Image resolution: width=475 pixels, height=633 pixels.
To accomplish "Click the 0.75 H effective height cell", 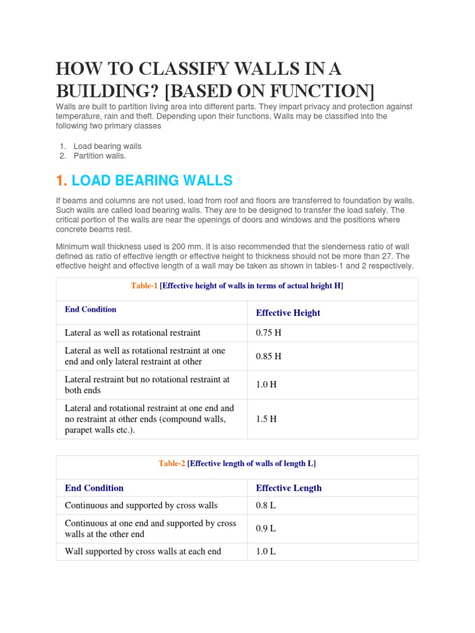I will [x=268, y=333].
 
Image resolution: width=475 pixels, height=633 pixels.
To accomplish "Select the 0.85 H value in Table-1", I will [x=268, y=356].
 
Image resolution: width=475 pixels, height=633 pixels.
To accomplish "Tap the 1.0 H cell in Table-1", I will [x=266, y=384].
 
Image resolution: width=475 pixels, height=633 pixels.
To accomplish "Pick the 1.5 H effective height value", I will [x=266, y=418].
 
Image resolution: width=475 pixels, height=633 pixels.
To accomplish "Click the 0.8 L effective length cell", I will [x=266, y=505].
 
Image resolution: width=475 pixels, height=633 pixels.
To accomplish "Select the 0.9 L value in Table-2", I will [x=266, y=529].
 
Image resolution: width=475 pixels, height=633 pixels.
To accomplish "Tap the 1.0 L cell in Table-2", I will [x=266, y=551].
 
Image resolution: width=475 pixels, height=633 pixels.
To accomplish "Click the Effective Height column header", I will [x=288, y=313].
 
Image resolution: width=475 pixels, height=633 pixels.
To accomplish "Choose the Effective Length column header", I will [x=288, y=488].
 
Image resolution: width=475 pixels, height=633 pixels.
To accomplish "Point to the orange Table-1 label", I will [x=144, y=286].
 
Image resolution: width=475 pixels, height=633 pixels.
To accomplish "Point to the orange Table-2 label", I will [x=171, y=463].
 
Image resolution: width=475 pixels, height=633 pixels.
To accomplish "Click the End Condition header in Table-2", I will [x=94, y=488].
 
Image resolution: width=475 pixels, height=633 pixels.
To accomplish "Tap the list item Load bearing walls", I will [x=107, y=147].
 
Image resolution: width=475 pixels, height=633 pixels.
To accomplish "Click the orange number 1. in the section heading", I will [x=61, y=181].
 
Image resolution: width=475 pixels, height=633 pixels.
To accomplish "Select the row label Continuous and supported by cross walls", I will [x=141, y=505].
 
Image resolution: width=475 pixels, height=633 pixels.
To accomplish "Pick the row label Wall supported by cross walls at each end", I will [x=143, y=551].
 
